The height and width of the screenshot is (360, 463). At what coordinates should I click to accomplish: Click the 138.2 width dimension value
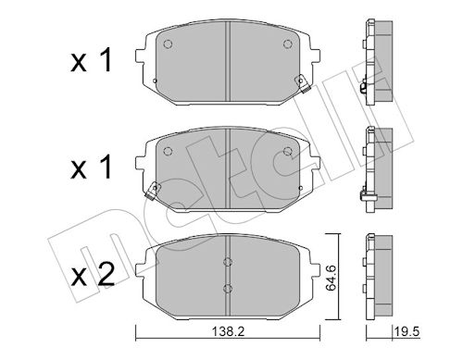[228, 332]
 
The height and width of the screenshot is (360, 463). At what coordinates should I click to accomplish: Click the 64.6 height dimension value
[332, 278]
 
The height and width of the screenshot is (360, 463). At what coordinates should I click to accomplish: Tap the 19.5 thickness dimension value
[407, 332]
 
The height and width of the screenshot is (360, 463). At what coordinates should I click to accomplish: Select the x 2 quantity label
[93, 274]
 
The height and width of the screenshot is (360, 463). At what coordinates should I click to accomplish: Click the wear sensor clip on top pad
[302, 84]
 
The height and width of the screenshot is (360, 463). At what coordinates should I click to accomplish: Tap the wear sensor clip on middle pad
[152, 192]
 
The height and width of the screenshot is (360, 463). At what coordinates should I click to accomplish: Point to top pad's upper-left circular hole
[168, 44]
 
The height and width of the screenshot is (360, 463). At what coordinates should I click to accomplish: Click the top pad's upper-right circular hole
[288, 44]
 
